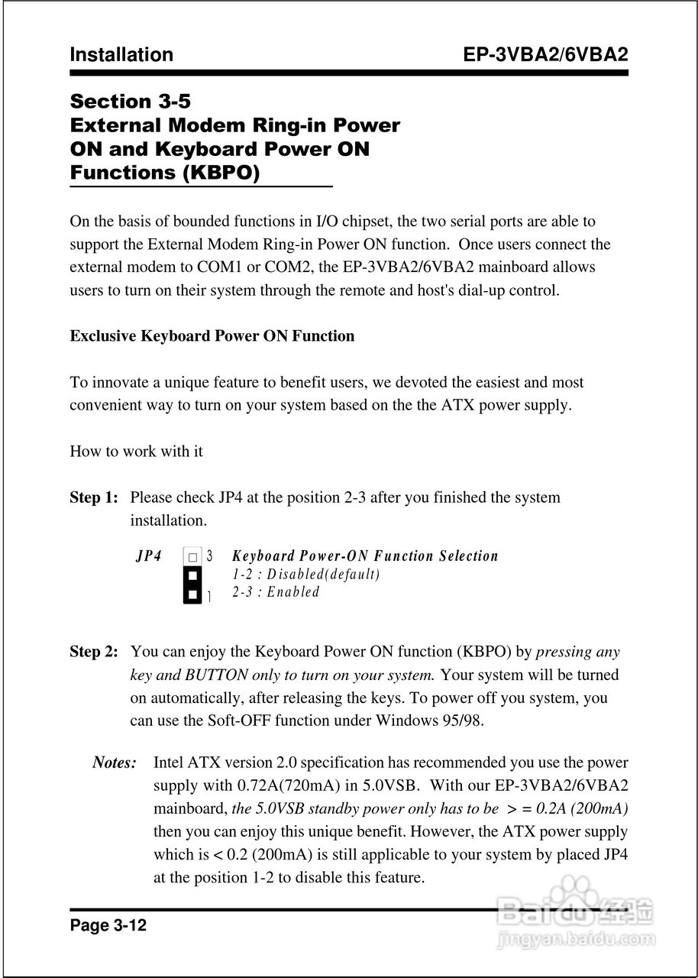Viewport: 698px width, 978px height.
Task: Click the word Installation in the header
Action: [121, 55]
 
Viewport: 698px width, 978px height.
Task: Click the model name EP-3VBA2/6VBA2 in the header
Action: [545, 55]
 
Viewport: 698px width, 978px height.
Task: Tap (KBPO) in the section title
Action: [221, 173]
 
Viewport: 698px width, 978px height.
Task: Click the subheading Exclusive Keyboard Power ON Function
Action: [212, 336]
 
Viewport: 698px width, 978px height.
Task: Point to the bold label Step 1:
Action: [94, 497]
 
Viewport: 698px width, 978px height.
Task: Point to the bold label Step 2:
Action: [94, 652]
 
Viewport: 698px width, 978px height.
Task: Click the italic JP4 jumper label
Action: [149, 556]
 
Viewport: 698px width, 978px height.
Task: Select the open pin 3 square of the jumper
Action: [193, 556]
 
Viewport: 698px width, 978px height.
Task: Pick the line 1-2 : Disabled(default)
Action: [305, 574]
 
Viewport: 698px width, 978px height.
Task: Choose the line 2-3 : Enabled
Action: [276, 592]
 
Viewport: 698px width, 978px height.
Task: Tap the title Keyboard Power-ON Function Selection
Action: [364, 556]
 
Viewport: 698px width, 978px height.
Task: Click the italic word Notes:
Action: [115, 763]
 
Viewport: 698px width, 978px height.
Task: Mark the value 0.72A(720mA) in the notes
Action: [281, 785]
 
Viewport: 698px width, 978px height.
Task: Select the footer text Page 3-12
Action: [108, 926]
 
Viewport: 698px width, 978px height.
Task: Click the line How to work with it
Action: [136, 452]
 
